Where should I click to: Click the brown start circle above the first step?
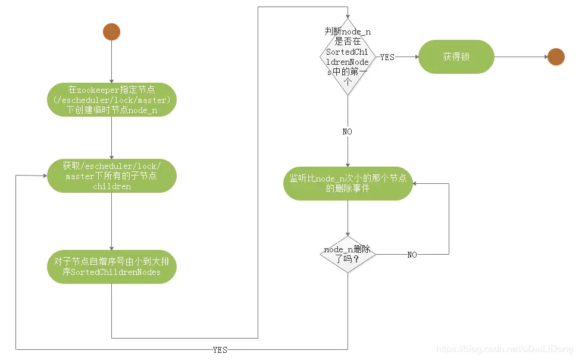pyautogui.click(x=111, y=32)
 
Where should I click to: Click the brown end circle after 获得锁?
pyautogui.click(x=556, y=57)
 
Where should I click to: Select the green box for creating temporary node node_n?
pyautogui.click(x=112, y=99)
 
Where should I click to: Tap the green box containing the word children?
pyautogui.click(x=112, y=176)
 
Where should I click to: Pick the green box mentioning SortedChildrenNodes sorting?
pyautogui.click(x=112, y=266)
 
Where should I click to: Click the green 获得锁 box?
pyautogui.click(x=456, y=57)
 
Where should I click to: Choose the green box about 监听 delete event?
pyautogui.click(x=348, y=183)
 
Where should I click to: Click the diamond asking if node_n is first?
pyautogui.click(x=348, y=57)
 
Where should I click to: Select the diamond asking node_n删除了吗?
pyautogui.click(x=348, y=254)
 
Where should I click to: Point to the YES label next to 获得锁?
pyautogui.click(x=387, y=57)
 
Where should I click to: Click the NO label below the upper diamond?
pyautogui.click(x=348, y=131)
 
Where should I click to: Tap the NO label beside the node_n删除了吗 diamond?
pyautogui.click(x=412, y=255)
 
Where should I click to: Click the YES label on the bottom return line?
pyautogui.click(x=220, y=350)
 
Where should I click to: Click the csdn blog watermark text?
pyautogui.click(x=503, y=350)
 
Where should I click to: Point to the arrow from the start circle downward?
pyautogui.click(x=111, y=62)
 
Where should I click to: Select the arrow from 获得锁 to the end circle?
pyautogui.click(x=521, y=57)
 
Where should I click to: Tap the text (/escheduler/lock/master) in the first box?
pyautogui.click(x=112, y=100)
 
